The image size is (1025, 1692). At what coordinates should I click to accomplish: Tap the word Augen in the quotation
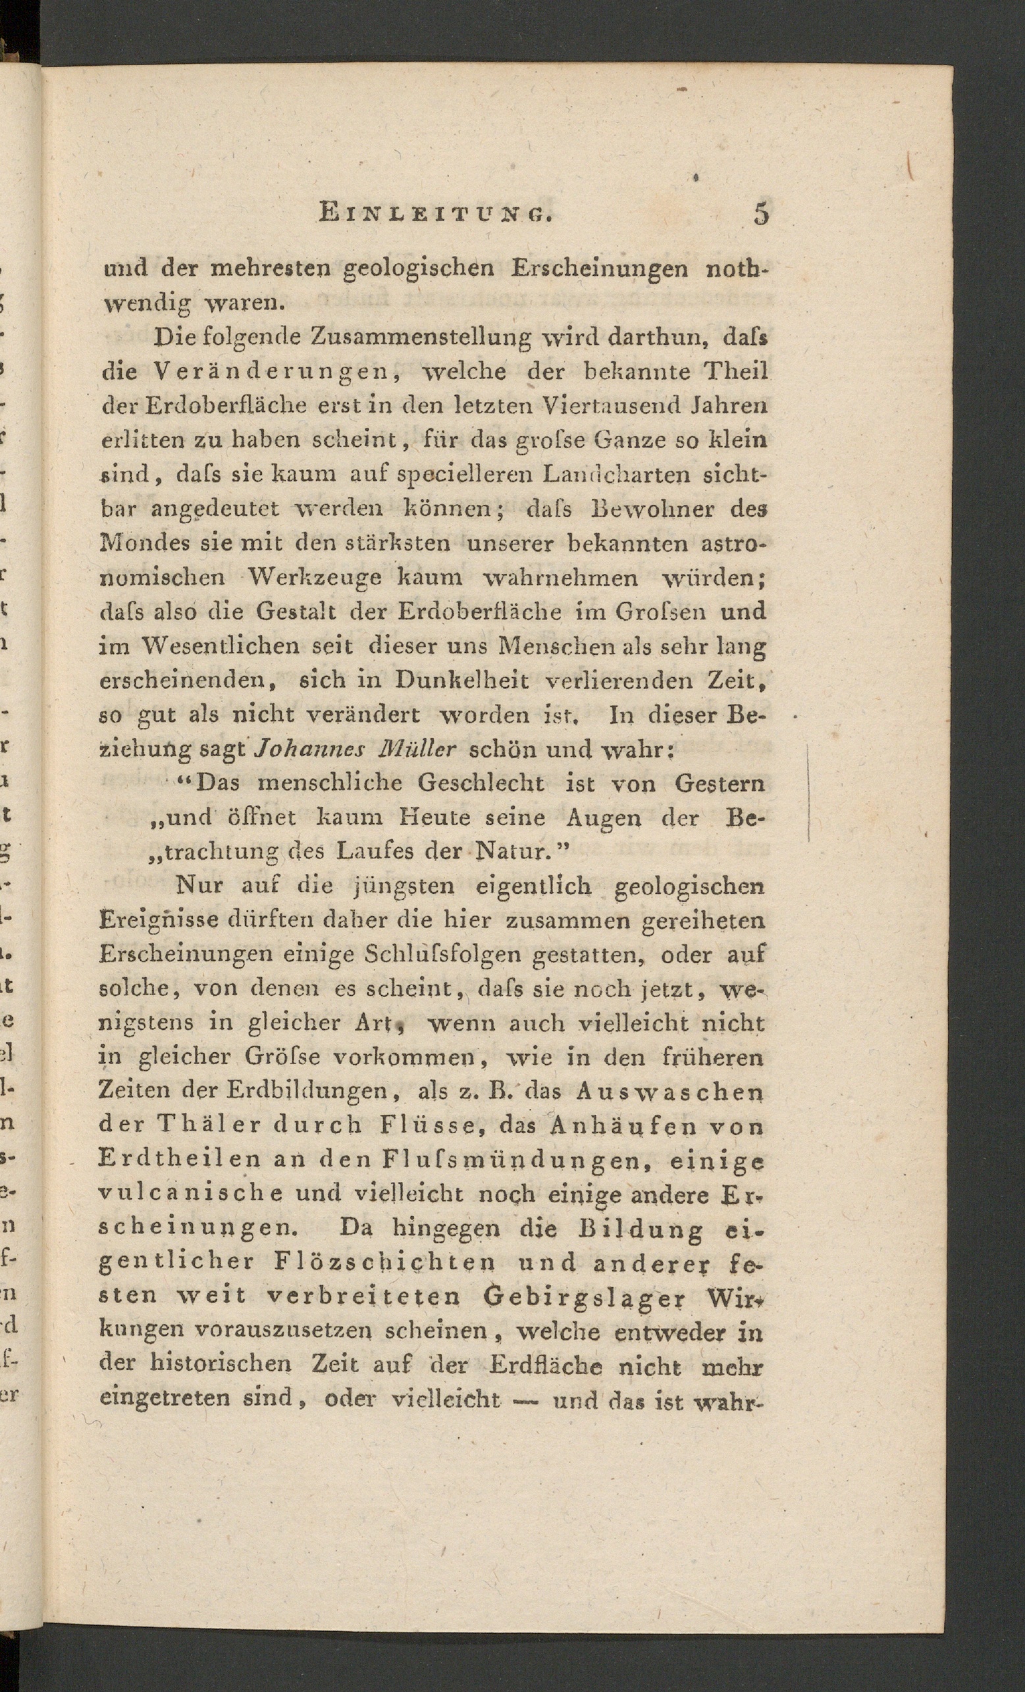[605, 818]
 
